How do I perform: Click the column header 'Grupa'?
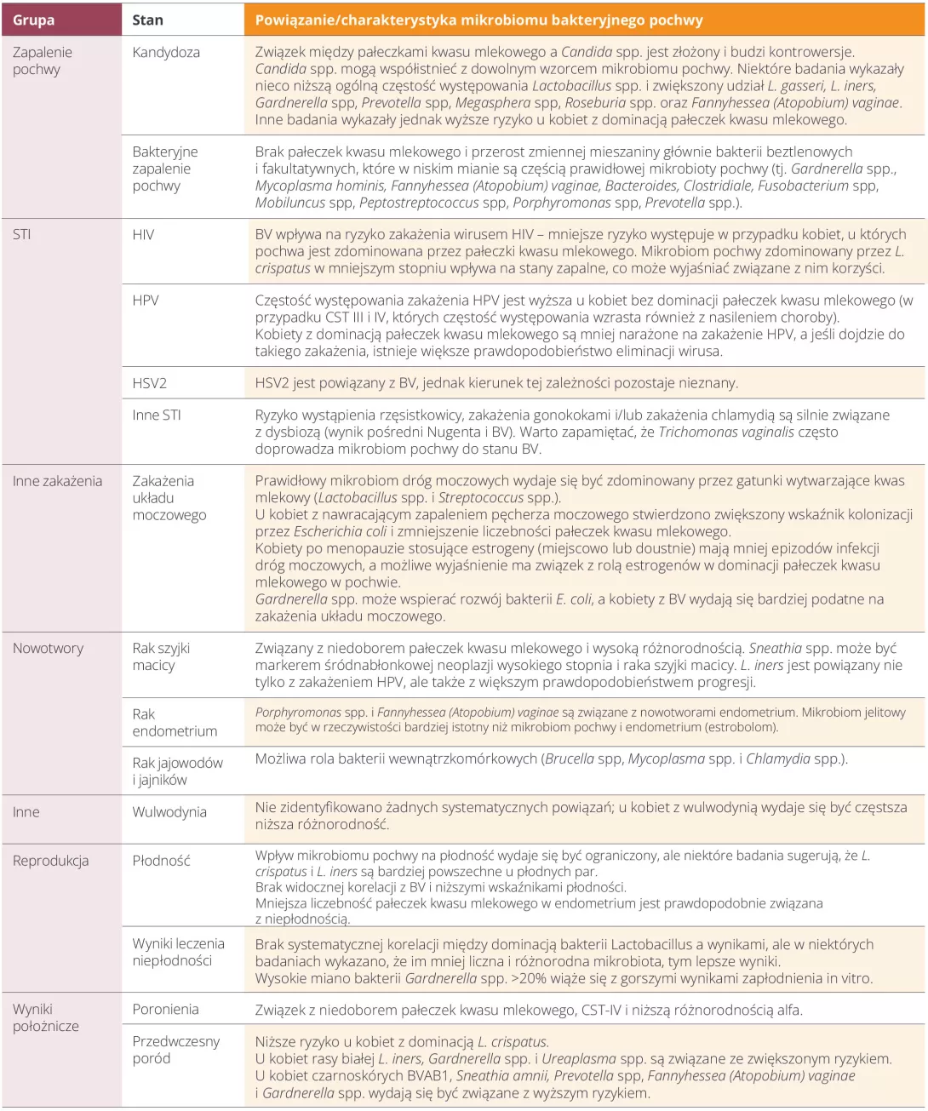pos(34,20)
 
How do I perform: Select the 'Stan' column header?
pos(148,20)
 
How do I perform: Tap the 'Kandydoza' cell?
pos(166,52)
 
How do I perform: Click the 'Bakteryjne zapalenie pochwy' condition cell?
pos(165,169)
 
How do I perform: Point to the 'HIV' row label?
pos(143,235)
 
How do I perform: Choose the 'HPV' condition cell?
pos(146,301)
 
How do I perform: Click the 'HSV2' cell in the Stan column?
pos(149,383)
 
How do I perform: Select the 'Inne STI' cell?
pos(157,415)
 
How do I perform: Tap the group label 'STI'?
pos(22,235)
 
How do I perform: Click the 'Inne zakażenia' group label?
pos(57,481)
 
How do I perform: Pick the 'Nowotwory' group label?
pos(48,649)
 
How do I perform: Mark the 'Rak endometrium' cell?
pos(175,723)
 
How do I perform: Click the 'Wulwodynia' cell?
pos(169,812)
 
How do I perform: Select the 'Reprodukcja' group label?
pos(50,861)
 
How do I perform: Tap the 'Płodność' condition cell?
pos(161,861)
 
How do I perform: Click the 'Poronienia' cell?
pos(165,1010)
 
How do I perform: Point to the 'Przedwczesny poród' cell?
pos(175,1050)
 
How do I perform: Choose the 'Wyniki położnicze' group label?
pos(46,1018)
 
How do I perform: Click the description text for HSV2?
pos(496,383)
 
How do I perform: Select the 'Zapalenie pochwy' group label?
pos(43,60)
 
